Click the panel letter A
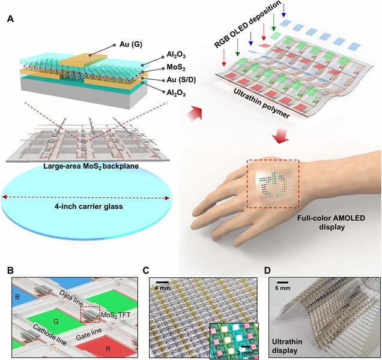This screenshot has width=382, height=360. pos(10,19)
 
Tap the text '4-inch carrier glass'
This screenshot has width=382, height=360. pos(89,209)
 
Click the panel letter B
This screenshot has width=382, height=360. pos(10,271)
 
